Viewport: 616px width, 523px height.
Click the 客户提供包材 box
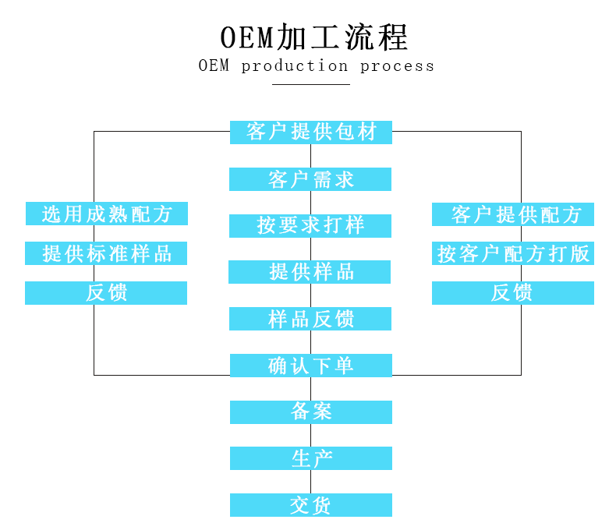click(x=311, y=133)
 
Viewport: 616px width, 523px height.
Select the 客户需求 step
click(x=310, y=179)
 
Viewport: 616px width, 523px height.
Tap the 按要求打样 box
click(x=310, y=226)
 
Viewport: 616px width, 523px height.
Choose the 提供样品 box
click(x=310, y=272)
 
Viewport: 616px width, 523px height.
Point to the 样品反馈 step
click(x=310, y=319)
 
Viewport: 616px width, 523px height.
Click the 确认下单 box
click(x=310, y=366)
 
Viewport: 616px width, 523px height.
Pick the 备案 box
click(x=310, y=412)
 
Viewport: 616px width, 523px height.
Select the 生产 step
click(x=310, y=458)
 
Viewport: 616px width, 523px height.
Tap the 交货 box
click(x=310, y=505)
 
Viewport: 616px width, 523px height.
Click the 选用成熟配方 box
click(x=107, y=214)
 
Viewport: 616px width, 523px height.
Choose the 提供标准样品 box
click(x=107, y=253)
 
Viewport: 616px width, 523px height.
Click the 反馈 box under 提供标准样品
click(x=107, y=293)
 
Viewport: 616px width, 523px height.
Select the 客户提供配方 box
click(x=513, y=214)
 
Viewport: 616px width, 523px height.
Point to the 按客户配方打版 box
click(x=513, y=253)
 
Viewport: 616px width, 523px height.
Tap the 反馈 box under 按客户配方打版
click(x=513, y=293)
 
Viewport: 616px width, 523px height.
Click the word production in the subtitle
click(x=295, y=66)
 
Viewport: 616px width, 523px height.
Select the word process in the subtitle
click(x=397, y=66)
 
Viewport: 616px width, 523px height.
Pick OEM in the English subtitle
click(x=214, y=66)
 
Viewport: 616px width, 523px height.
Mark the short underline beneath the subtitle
click(x=311, y=84)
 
